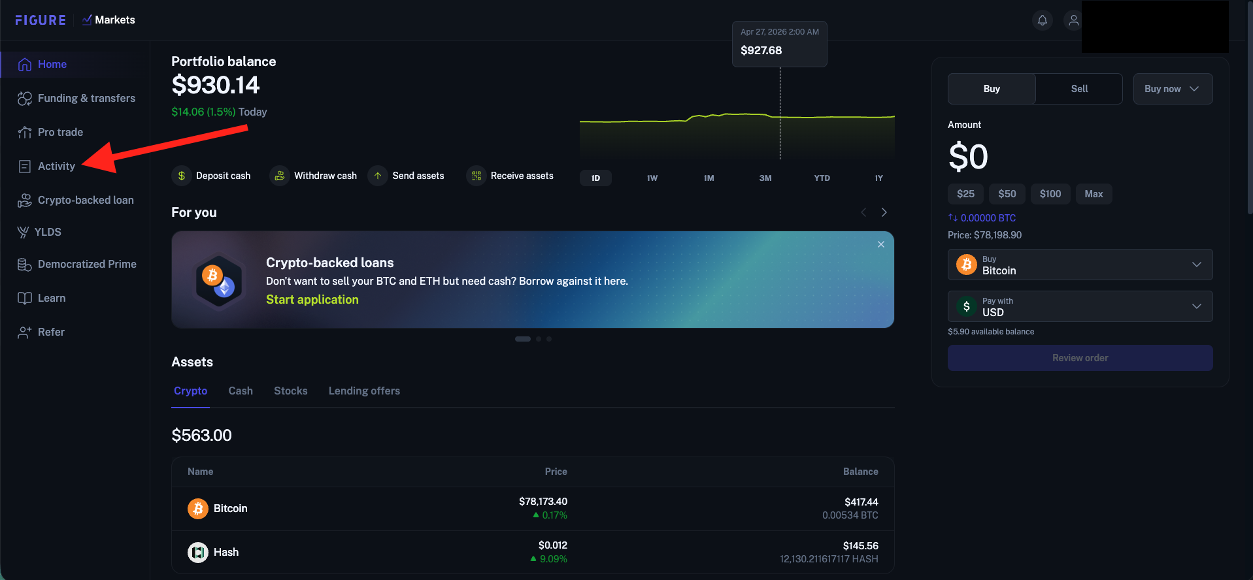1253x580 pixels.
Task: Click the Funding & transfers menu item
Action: [x=76, y=98]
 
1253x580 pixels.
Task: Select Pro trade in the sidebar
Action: [x=50, y=132]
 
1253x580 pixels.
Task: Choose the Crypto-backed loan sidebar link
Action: [x=76, y=200]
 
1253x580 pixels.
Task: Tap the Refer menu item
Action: [x=41, y=332]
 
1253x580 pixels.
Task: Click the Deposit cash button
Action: [x=211, y=176]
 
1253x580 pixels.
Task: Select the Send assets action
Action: [x=406, y=176]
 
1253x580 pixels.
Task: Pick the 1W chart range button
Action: [x=652, y=178]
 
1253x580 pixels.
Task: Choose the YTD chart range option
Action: [x=822, y=178]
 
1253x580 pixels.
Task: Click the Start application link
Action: [x=312, y=299]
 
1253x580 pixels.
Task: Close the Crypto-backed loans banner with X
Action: [x=881, y=244]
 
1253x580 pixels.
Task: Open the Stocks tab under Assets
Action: [x=291, y=391]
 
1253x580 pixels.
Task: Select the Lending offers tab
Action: [x=364, y=391]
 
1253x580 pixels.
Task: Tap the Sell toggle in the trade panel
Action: [x=1079, y=89]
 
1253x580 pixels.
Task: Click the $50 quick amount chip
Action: [x=1007, y=194]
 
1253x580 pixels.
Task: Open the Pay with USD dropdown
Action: [x=1080, y=306]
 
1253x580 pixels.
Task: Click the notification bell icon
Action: [x=1043, y=20]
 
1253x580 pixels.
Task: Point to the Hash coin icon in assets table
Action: [x=198, y=553]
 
